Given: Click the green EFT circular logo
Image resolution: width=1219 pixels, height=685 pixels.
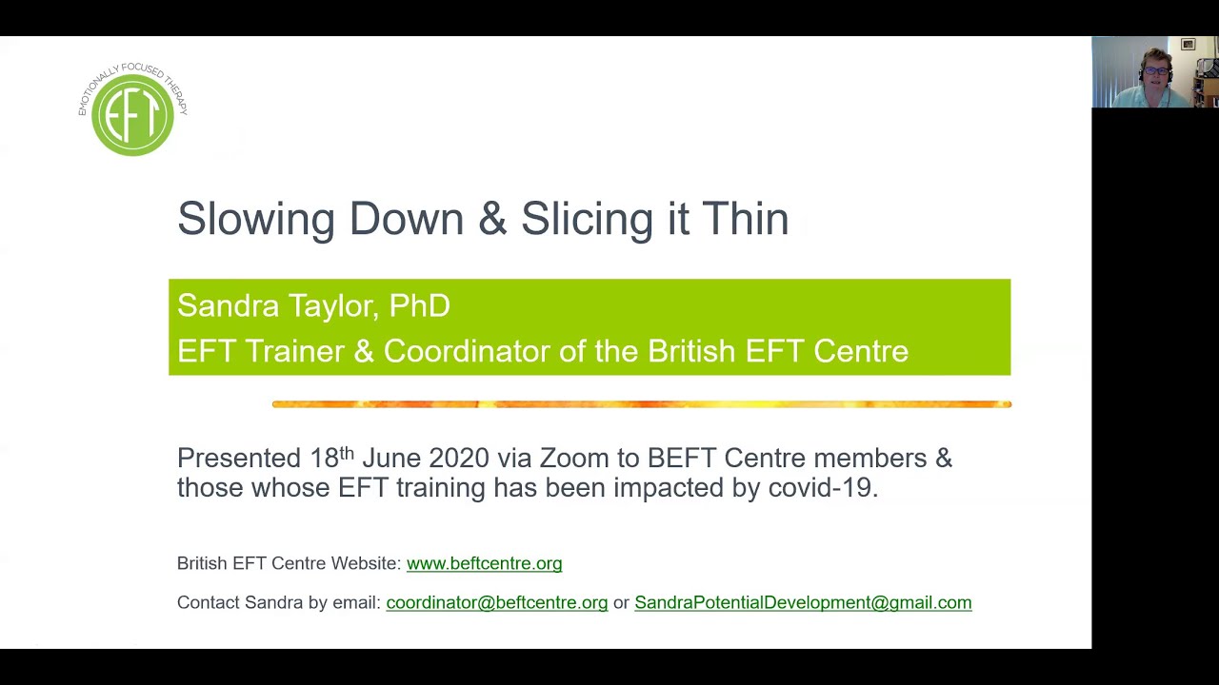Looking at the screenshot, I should coord(132,114).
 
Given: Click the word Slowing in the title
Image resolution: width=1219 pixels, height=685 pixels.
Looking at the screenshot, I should coord(255,219).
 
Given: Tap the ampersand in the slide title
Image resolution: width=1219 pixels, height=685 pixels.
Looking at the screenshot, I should coord(492,219).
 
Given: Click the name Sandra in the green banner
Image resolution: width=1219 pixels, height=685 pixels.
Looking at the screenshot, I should coord(228,306).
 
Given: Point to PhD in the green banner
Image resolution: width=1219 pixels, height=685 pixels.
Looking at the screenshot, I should coord(419,306).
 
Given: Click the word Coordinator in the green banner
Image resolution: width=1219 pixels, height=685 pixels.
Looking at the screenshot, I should coord(467,351).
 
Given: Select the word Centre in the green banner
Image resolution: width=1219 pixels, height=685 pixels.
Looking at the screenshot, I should coord(860,351).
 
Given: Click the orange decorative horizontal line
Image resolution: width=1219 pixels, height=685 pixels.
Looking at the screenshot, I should coord(641,404).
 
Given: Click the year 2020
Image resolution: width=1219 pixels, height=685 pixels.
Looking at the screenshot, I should coord(458,459).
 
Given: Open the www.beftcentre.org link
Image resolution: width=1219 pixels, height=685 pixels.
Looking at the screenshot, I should coord(484,563).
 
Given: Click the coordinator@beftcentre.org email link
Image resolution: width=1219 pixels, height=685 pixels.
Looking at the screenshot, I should coord(496,602).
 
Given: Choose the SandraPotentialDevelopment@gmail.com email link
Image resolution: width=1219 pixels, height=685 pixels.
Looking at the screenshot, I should coord(803,602).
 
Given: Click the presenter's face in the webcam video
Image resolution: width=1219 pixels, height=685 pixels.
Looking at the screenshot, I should coord(1155,73).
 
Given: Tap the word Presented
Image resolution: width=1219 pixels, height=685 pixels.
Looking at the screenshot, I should coord(239,459).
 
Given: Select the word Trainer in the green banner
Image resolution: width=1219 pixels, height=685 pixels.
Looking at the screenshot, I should coord(295,351).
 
